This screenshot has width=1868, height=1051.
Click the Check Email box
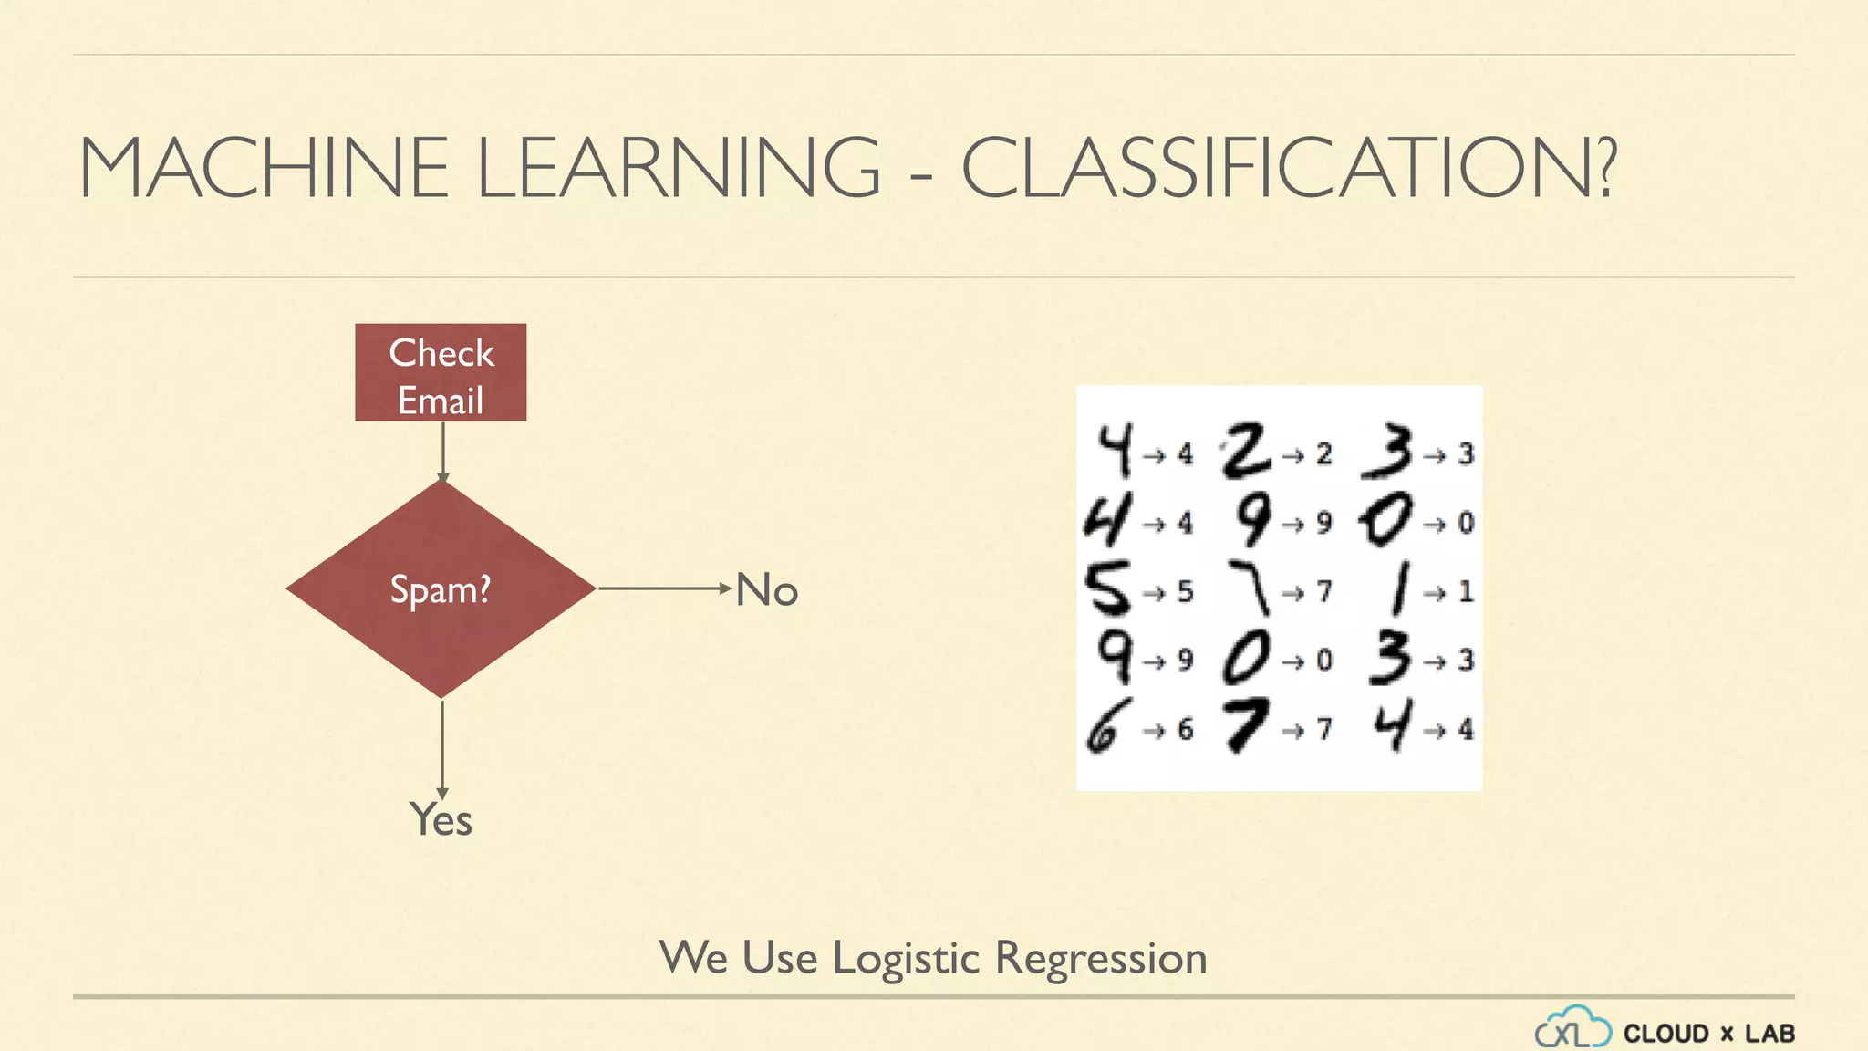pos(441,373)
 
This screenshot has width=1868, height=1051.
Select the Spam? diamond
pos(441,589)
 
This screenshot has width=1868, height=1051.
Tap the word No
pos(766,590)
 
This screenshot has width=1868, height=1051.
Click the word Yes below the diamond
pos(441,819)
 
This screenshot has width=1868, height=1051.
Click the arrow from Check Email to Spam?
pos(442,452)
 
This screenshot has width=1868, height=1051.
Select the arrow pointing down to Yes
pos(442,748)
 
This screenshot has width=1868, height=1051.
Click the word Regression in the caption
pos(1101,959)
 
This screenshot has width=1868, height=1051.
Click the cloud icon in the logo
pos(1572,1027)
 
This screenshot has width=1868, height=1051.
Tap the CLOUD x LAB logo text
pos(1708,1034)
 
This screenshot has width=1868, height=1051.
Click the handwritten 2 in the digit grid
pos(1246,451)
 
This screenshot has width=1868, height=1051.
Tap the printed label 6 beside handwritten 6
pos(1185,730)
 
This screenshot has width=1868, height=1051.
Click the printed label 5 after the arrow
pos(1185,592)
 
